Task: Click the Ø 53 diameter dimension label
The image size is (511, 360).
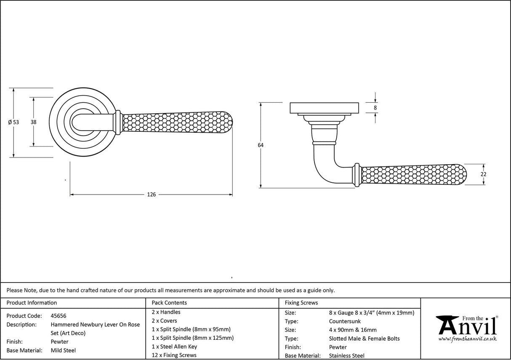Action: [x=13, y=122]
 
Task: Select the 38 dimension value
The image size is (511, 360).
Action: [x=33, y=122]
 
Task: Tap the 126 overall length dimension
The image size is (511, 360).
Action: [x=151, y=195]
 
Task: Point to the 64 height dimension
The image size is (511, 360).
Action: [x=261, y=145]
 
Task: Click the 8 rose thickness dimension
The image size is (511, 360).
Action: [x=375, y=108]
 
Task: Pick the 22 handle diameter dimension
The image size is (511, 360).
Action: [x=483, y=174]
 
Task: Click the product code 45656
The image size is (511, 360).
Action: [x=58, y=316]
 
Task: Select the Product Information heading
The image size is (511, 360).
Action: [x=32, y=303]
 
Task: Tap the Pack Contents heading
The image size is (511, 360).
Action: [x=169, y=303]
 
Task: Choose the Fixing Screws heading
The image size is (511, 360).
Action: [x=301, y=303]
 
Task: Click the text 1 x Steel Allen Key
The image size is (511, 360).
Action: [x=174, y=347]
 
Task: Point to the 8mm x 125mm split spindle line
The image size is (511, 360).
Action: [x=192, y=338]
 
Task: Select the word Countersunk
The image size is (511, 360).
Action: [x=345, y=321]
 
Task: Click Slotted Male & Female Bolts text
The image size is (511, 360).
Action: [x=364, y=339]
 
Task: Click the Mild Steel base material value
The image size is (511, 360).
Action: [x=63, y=350]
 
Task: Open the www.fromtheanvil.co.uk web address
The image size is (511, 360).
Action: [x=467, y=339]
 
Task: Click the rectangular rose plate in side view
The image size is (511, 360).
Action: [x=324, y=108]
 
